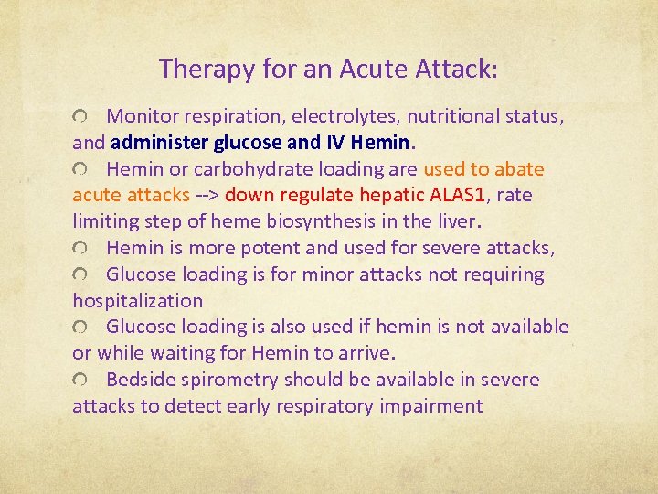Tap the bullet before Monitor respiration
(x=82, y=117)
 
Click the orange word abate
(x=520, y=169)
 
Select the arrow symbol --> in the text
(x=206, y=196)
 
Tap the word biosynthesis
(x=321, y=221)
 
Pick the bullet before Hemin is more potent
(x=82, y=249)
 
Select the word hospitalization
(x=137, y=300)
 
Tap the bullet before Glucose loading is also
(x=82, y=328)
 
